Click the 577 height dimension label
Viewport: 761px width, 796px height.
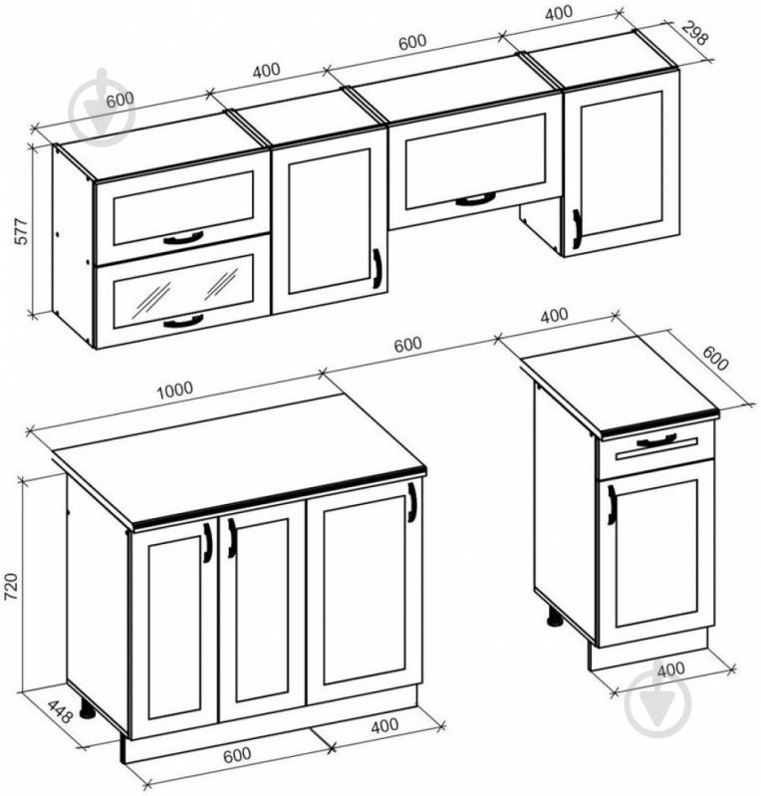[x=21, y=231]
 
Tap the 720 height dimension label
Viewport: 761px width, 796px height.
[x=11, y=587]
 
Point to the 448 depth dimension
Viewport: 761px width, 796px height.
[x=61, y=711]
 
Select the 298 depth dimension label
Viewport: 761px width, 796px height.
[x=693, y=32]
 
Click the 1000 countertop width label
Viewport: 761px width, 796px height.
[x=175, y=390]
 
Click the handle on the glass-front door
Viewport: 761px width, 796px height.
[x=183, y=321]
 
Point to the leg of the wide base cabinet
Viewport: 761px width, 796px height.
[x=88, y=707]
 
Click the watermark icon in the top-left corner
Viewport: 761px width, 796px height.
[x=101, y=107]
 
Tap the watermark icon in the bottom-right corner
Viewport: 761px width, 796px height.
[x=658, y=703]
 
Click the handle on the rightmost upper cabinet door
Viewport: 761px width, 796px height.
[x=577, y=229]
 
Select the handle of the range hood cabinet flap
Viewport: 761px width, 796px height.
[x=475, y=199]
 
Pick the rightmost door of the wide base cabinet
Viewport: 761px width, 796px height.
[x=364, y=592]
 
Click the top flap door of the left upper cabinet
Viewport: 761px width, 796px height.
[x=182, y=206]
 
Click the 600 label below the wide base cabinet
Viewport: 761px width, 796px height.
[x=237, y=755]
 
